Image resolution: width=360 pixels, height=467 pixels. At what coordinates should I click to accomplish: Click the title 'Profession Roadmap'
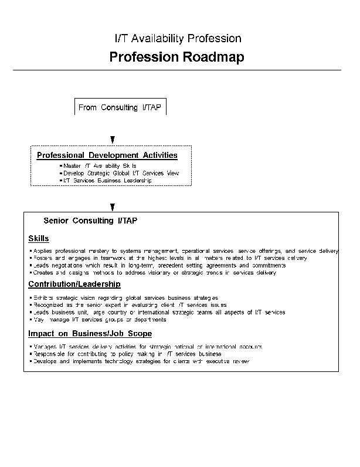click(x=176, y=57)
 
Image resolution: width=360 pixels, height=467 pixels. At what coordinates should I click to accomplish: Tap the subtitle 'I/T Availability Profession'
click(x=178, y=39)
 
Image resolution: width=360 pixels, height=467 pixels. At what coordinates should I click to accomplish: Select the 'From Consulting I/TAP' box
click(x=121, y=107)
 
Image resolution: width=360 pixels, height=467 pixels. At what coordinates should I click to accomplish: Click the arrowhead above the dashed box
click(x=113, y=140)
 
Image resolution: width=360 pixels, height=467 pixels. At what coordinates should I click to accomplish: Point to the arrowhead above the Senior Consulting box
click(x=113, y=207)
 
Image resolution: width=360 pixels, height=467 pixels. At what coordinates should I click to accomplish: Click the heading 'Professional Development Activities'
click(x=107, y=155)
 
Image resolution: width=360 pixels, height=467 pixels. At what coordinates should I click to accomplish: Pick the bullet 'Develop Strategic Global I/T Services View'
click(x=121, y=174)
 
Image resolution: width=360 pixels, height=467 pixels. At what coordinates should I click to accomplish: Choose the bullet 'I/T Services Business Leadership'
click(x=107, y=181)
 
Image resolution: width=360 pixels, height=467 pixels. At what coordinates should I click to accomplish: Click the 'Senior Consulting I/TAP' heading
click(x=91, y=221)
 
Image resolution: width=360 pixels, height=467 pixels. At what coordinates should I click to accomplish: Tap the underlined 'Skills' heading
click(x=39, y=238)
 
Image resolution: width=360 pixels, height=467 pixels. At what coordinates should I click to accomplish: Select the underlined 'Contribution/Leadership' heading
click(x=74, y=285)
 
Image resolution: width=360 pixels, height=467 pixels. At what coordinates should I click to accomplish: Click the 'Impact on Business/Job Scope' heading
click(x=90, y=334)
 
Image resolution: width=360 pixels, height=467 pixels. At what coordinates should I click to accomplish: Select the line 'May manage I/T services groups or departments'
click(x=100, y=320)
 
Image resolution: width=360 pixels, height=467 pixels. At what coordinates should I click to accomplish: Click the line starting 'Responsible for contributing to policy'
click(x=127, y=354)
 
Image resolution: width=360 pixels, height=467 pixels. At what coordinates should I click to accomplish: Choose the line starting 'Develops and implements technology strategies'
click(x=141, y=361)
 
